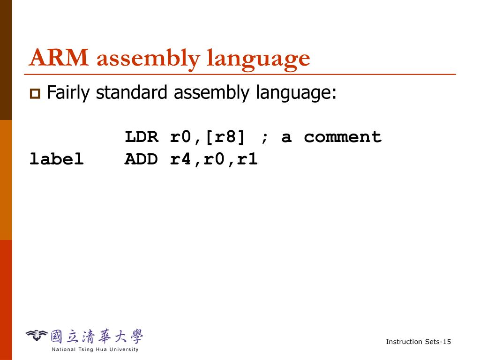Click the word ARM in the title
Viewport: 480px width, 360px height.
click(59, 58)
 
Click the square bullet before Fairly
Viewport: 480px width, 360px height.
click(35, 94)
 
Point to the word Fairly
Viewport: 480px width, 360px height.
click(68, 93)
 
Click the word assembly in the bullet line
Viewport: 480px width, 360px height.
click(211, 93)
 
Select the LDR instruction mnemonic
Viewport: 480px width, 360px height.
click(142, 137)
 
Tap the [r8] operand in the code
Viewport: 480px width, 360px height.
click(225, 138)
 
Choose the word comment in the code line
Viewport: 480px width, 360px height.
click(343, 137)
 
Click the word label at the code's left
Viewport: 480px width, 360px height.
click(56, 159)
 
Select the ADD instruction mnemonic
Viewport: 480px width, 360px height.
click(142, 159)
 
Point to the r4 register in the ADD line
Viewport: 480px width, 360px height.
click(180, 159)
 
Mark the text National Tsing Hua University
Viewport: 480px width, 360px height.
click(95, 349)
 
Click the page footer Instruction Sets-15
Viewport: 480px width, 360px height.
click(418, 342)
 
